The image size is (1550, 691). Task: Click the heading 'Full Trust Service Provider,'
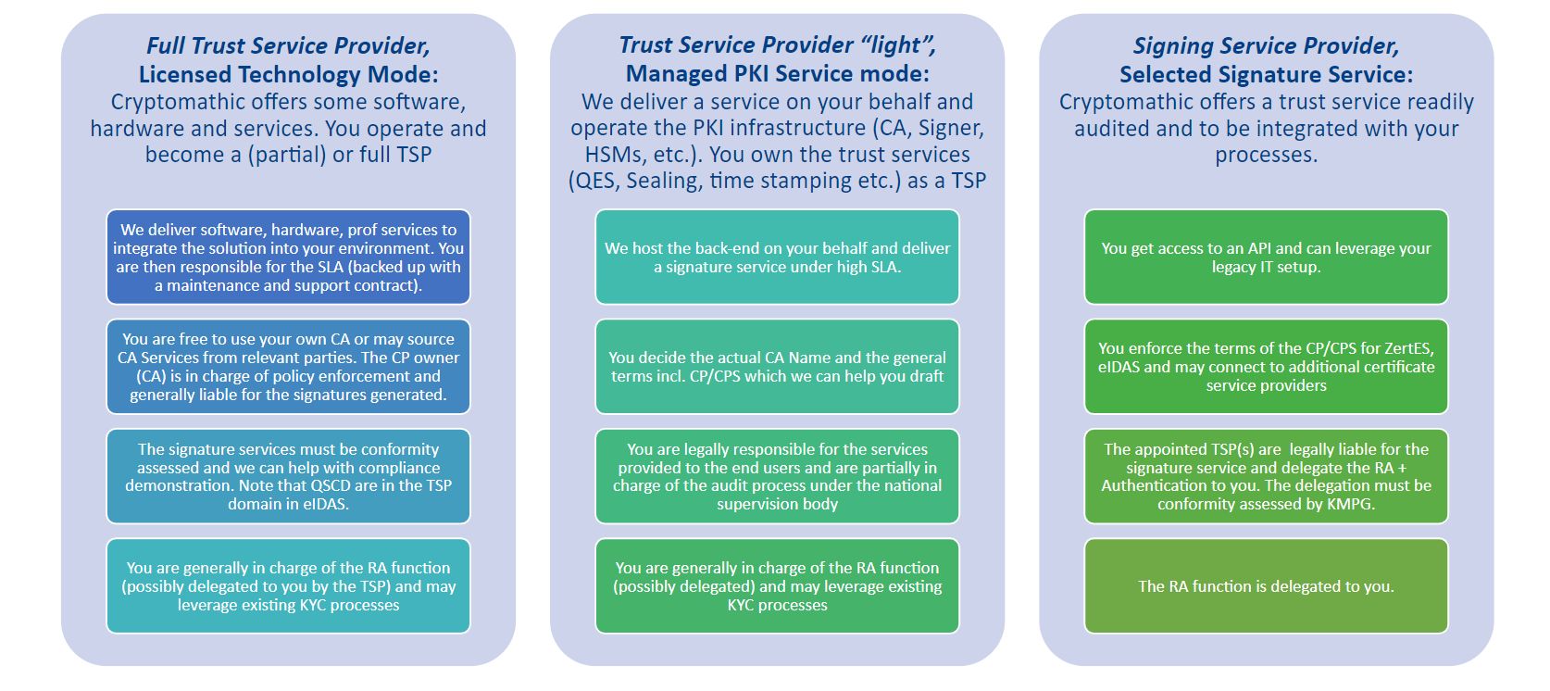pos(288,45)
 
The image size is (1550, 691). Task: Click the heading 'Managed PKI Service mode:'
pos(777,73)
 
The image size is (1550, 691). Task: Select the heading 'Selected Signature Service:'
pos(1266,74)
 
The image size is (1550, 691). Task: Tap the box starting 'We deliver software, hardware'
pos(288,258)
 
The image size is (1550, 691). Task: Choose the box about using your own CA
pos(288,367)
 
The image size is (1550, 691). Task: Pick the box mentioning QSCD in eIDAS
pos(288,476)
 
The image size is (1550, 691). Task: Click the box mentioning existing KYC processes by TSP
pos(288,586)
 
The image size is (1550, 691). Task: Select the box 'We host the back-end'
pos(777,258)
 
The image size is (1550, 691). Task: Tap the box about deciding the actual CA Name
pos(777,367)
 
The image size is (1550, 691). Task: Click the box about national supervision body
pos(777,476)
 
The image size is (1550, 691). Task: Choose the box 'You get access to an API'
pos(1266,258)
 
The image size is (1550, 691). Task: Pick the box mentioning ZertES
pos(1266,367)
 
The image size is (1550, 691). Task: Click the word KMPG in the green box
pos(1350,504)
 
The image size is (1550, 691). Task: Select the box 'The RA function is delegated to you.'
pos(1266,586)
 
